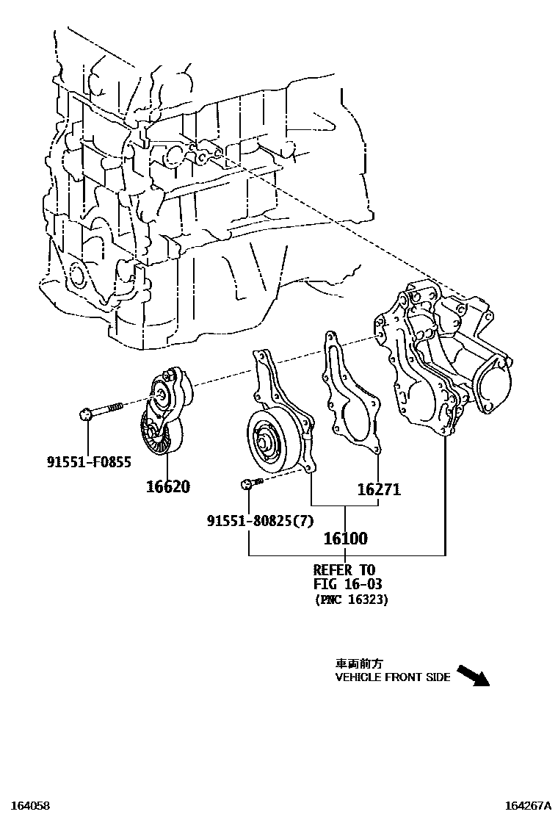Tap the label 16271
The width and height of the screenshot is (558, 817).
(x=379, y=489)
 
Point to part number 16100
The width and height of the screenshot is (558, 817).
(x=345, y=539)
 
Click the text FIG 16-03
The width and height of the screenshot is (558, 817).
(x=347, y=584)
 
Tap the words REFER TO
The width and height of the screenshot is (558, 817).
(x=344, y=569)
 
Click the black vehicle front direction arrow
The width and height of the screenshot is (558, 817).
(x=473, y=675)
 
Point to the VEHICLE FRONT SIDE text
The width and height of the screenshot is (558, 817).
(x=393, y=677)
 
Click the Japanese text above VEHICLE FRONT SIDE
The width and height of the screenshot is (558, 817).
(x=355, y=663)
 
